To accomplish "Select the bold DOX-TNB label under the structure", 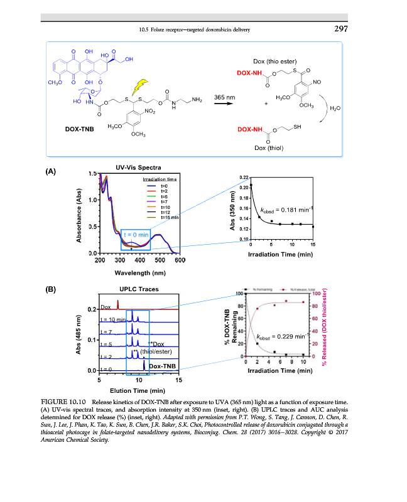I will click(80, 129).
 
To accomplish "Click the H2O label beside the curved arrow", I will click(335, 108).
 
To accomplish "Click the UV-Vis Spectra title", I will click(138, 168).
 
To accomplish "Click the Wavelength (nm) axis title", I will click(139, 273).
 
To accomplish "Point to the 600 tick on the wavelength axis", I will click(180, 260).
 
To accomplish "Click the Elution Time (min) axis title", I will click(139, 390).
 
